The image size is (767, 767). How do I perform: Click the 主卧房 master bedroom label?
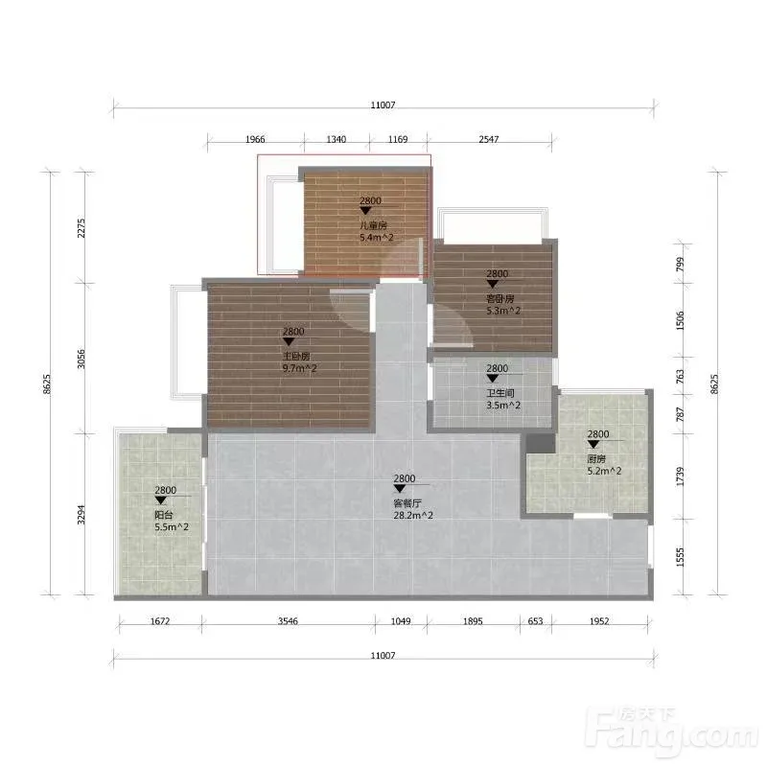coord(296,356)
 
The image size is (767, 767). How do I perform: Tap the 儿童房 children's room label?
coord(373,225)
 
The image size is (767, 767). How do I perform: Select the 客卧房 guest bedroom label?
coord(500,298)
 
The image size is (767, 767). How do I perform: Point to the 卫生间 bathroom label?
coord(500,393)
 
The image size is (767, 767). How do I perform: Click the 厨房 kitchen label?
coord(596,459)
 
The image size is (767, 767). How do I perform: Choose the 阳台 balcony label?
coord(164,515)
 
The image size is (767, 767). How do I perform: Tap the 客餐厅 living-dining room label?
coord(407,503)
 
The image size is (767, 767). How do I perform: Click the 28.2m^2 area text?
coord(413,515)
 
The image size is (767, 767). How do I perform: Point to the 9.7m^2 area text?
coord(299,368)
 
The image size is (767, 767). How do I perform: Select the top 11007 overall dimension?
coord(383,105)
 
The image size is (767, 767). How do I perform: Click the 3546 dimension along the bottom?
coord(288,620)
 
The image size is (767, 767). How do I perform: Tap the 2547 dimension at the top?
coord(489,139)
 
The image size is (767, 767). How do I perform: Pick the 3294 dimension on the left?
coord(81,515)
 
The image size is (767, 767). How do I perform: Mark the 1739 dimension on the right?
coord(680,476)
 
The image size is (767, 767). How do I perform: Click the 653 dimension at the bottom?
coord(536,620)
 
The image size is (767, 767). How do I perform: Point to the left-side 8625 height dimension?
coord(46,384)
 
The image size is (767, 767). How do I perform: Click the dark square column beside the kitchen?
coord(541,443)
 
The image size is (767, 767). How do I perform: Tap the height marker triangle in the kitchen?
coord(593,444)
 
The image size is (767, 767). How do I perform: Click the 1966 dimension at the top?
coord(255,139)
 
